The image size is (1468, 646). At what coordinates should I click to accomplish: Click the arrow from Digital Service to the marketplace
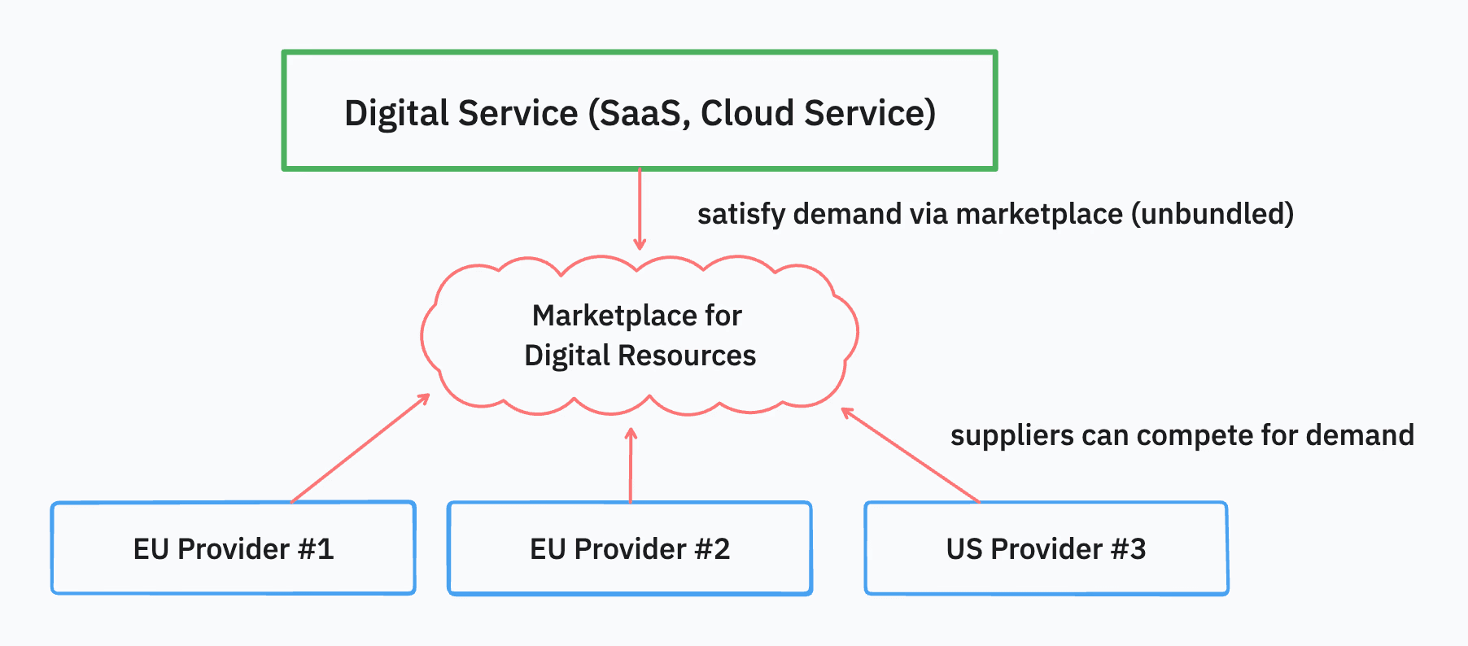pos(640,208)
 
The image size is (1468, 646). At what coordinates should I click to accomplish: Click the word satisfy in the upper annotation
pos(741,214)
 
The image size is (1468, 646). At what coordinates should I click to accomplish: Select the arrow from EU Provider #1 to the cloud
pos(360,448)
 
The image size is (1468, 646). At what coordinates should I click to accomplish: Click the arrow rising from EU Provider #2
pos(631,465)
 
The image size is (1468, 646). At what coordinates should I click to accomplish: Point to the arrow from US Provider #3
pos(910,455)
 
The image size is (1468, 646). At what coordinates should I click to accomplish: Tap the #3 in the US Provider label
pos(1128,549)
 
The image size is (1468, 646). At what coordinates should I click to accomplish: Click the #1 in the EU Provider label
pos(316,549)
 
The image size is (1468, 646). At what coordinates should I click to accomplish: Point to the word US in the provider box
pos(964,549)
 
